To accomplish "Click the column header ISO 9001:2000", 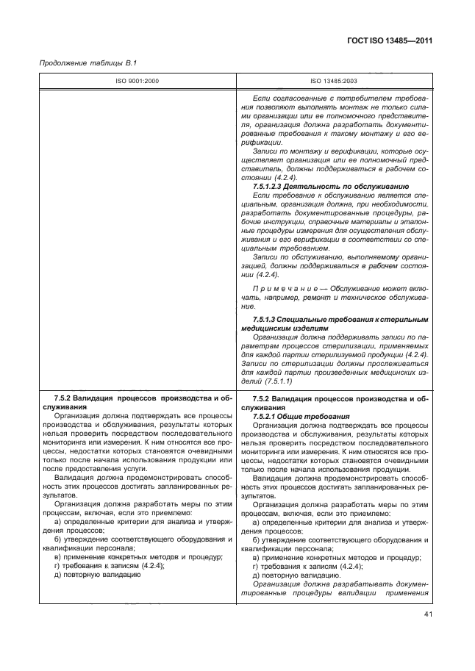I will [x=137, y=82].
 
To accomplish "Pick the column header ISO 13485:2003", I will [x=335, y=82].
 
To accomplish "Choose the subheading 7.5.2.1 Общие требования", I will [x=298, y=415].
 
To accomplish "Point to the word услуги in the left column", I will [x=131, y=469].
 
